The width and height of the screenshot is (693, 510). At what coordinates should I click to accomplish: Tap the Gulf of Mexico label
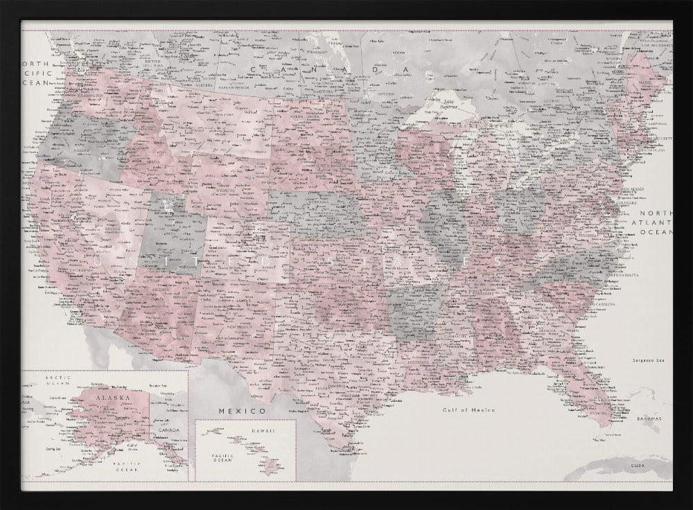click(470, 410)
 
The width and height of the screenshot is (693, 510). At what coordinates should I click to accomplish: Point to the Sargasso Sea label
click(649, 360)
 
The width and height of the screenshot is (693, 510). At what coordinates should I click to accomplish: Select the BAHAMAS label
click(649, 420)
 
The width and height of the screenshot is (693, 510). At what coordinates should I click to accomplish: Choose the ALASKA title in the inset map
click(112, 399)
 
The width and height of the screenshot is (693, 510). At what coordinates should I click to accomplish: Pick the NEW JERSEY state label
click(633, 188)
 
